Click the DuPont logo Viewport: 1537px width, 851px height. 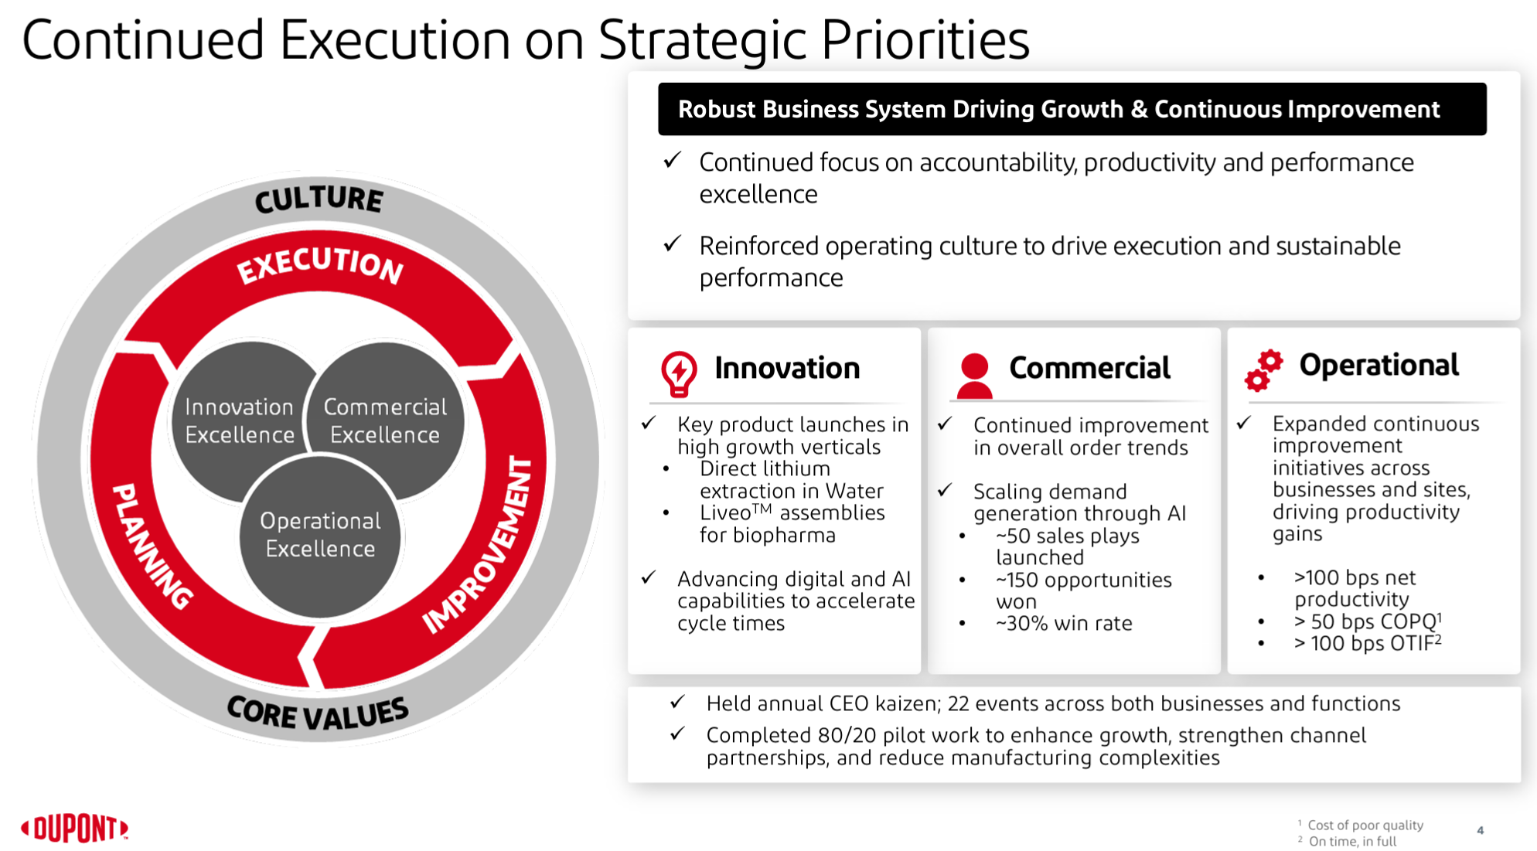[75, 829]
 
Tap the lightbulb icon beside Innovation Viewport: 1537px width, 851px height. [679, 374]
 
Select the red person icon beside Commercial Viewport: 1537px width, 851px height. [974, 376]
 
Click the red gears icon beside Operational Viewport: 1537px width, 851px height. [1263, 370]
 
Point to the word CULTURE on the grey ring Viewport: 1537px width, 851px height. [319, 199]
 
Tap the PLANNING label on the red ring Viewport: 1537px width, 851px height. [152, 546]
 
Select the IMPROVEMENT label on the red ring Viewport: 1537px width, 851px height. [479, 545]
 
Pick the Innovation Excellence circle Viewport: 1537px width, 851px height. [240, 420]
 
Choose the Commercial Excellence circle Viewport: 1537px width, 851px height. [385, 420]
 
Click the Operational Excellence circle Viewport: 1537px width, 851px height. [320, 535]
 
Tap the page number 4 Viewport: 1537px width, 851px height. [1480, 830]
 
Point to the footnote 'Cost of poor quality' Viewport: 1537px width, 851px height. [1365, 825]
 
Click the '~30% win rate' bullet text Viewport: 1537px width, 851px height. [1064, 623]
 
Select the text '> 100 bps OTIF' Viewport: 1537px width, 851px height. [1367, 642]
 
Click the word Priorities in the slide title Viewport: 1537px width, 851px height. [925, 39]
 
